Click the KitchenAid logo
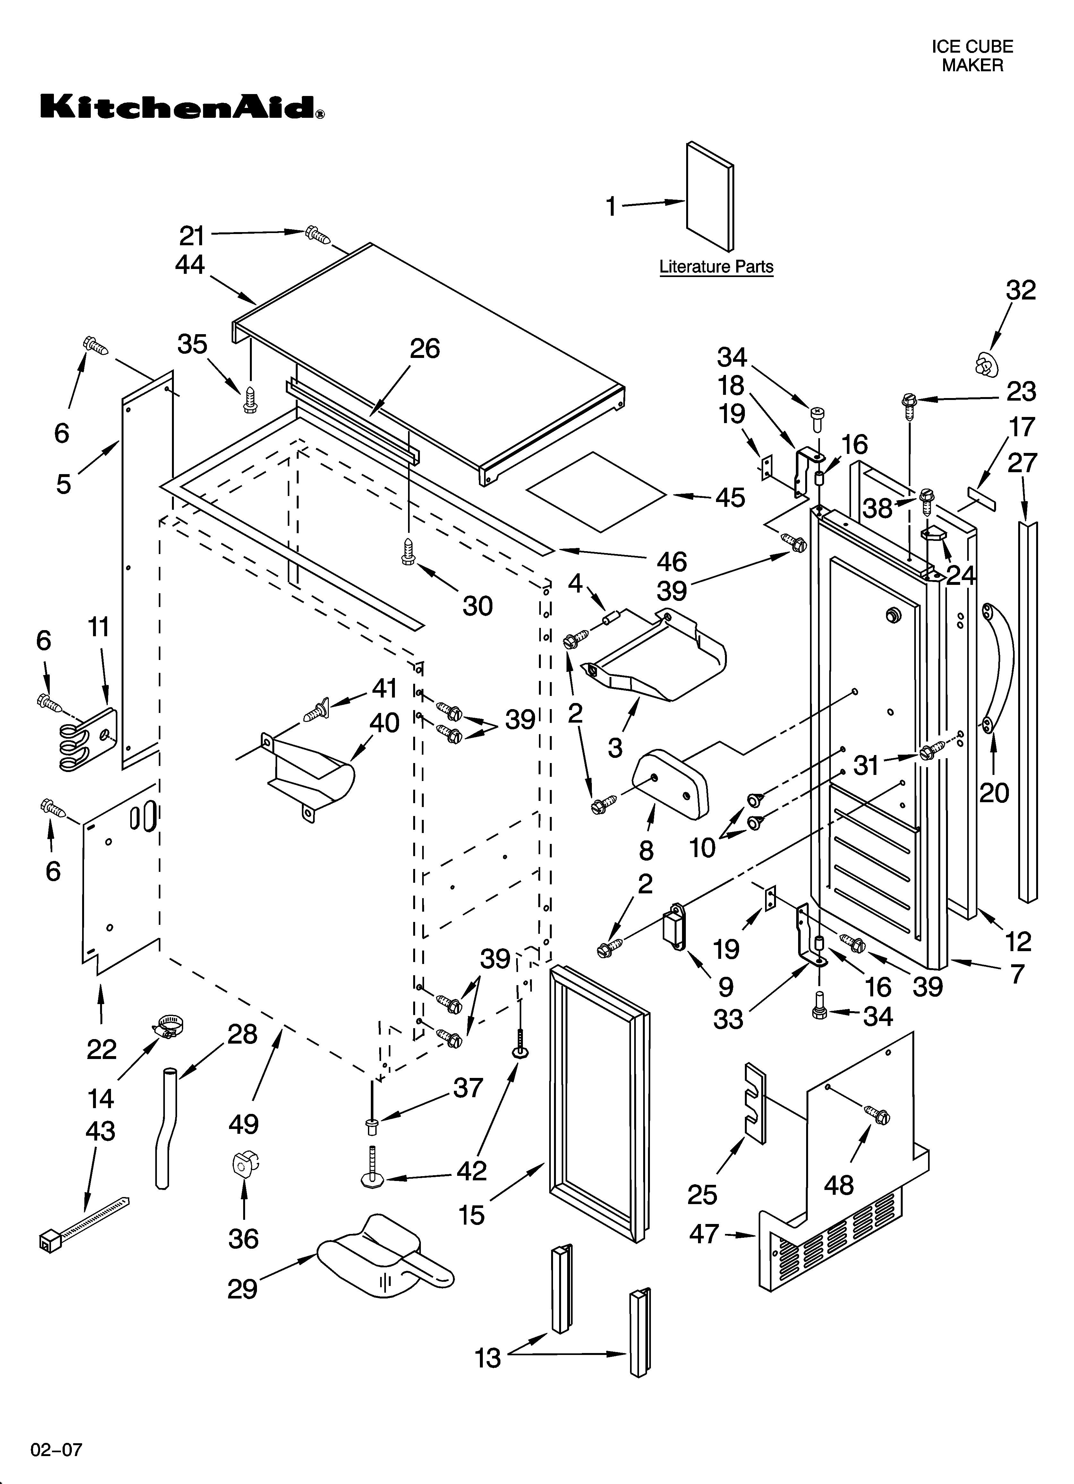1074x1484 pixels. [182, 107]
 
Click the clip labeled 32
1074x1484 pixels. [984, 364]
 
